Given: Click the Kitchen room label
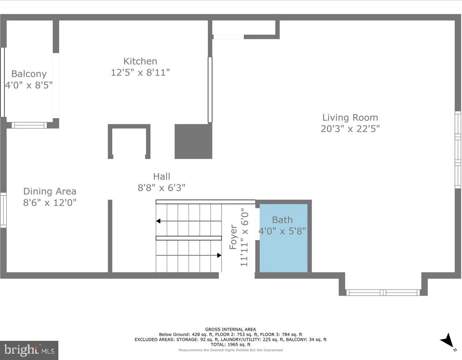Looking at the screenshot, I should point(140,61).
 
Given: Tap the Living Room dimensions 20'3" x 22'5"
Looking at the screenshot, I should point(350,129).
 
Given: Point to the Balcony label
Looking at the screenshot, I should point(29,74).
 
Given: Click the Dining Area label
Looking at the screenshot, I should point(50,191).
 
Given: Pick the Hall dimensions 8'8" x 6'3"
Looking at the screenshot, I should point(161,188).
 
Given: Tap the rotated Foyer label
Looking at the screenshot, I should point(233,237).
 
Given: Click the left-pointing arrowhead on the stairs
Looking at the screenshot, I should point(158,221).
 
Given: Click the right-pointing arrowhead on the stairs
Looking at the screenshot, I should point(219,255).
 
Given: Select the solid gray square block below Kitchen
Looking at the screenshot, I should point(193,141).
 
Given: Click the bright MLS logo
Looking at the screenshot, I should point(29,350).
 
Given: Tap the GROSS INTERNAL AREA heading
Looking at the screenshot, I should point(231,330).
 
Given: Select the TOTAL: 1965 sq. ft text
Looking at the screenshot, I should point(231,345).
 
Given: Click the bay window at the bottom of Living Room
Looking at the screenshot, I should point(383,292).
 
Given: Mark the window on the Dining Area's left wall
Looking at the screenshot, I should point(3,210).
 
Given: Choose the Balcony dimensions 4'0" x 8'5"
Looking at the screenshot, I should point(29,85).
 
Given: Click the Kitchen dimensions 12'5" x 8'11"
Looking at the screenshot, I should point(140,73).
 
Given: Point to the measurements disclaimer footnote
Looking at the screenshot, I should point(231,350).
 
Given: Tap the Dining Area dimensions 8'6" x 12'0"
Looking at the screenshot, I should point(50,203).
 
